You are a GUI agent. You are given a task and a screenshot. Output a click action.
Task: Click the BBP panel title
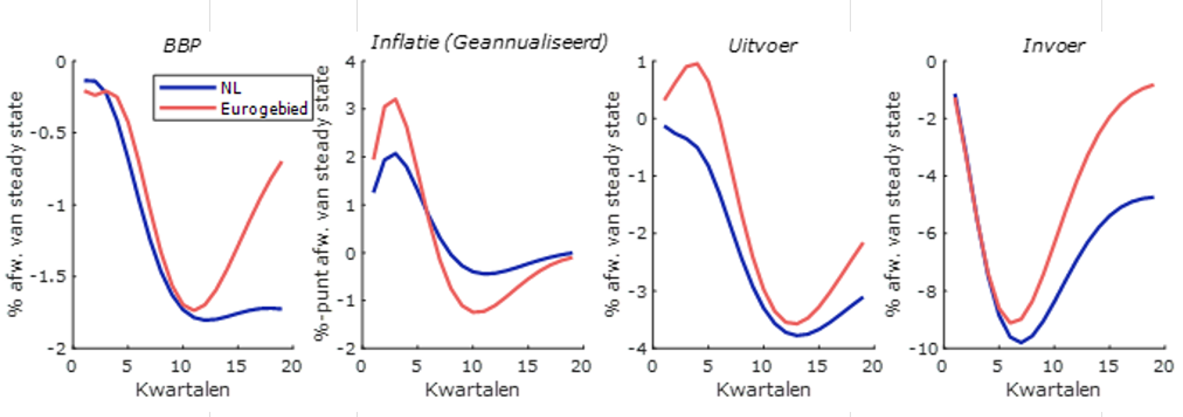coord(182,46)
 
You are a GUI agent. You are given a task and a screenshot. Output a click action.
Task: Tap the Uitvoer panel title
coord(762,46)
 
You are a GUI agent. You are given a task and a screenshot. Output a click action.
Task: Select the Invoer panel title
coord(1053,46)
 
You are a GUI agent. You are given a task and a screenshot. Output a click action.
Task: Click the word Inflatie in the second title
coord(405,42)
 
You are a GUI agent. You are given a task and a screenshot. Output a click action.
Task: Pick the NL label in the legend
coord(231,88)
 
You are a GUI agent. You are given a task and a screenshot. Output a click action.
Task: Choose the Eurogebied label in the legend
coord(263,109)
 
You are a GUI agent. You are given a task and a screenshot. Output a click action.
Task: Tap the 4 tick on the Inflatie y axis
coord(350,62)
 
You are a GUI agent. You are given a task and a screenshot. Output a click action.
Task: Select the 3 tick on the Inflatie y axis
coord(350,109)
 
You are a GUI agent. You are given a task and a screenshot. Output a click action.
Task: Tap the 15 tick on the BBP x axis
coord(236,366)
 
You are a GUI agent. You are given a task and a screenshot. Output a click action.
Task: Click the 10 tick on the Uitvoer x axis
coord(762,366)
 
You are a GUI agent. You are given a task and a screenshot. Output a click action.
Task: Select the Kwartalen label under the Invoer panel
coord(1052,390)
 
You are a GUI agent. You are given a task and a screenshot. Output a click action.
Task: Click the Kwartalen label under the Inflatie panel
coord(472,390)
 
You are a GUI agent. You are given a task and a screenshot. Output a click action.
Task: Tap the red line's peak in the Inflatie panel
coord(395,98)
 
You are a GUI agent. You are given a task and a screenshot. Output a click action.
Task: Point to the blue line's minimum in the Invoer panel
coord(1021,342)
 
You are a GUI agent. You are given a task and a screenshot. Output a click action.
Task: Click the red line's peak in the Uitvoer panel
coord(696,64)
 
